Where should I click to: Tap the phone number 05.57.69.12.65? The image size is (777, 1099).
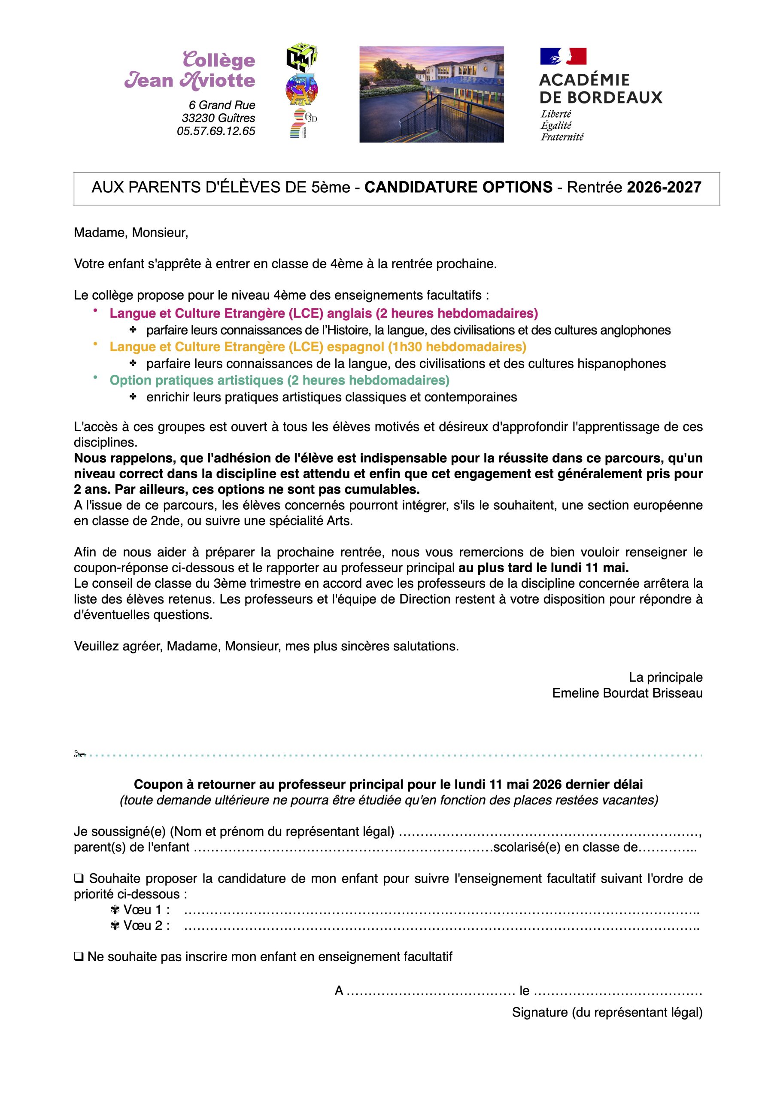click(x=216, y=131)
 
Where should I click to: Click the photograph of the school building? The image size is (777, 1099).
click(x=431, y=94)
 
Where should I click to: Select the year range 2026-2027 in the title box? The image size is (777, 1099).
click(x=664, y=188)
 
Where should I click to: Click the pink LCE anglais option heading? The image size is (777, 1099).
click(x=324, y=313)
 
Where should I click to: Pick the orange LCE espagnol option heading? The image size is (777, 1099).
click(x=318, y=347)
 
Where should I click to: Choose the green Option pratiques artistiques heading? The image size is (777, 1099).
click(x=279, y=380)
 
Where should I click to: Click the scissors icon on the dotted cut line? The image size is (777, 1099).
click(x=79, y=754)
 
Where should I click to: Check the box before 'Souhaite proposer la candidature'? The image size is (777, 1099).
click(x=79, y=879)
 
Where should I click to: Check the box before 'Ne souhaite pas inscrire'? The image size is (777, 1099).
click(x=79, y=957)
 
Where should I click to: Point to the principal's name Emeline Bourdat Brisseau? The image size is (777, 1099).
click(x=627, y=694)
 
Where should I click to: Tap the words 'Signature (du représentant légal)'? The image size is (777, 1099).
click(x=607, y=1012)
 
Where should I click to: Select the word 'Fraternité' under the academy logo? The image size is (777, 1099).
click(x=562, y=137)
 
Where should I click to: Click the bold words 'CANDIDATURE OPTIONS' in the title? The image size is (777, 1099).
click(x=458, y=188)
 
